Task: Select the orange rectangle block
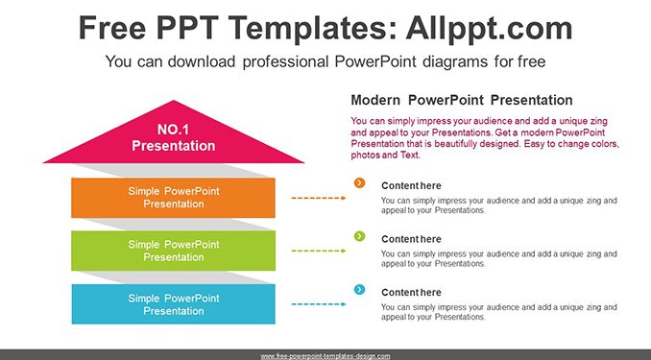point(173,198)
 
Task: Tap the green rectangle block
point(173,251)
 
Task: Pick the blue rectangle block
point(173,304)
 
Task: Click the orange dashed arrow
point(319,198)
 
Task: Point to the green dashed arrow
point(319,251)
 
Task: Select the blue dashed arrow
point(319,304)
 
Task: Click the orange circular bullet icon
point(359,182)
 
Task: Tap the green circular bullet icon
point(359,236)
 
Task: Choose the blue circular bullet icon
point(359,289)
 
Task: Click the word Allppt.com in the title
point(489,28)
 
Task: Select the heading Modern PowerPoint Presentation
point(462,100)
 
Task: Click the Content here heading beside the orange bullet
point(411,185)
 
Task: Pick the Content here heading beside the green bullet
point(411,239)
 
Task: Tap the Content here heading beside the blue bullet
point(411,292)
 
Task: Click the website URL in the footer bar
point(325,356)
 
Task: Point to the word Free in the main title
point(112,28)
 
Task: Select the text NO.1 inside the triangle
point(173,130)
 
